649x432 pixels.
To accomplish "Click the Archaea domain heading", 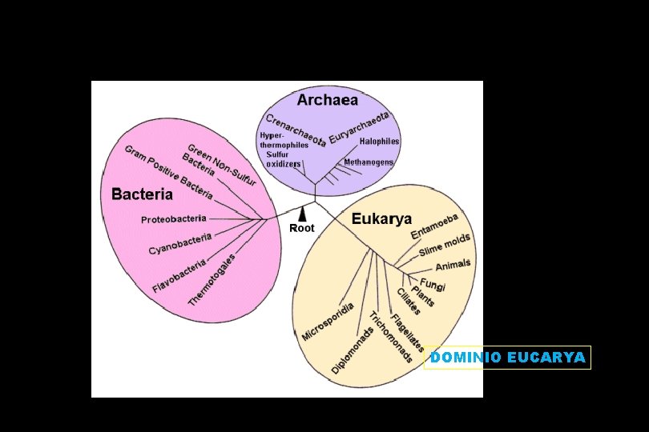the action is point(328,100).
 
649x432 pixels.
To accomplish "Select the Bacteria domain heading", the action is point(142,194).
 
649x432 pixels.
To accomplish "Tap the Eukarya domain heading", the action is point(381,219).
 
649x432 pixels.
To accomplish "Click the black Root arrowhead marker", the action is point(303,215).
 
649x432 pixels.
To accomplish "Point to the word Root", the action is point(302,228).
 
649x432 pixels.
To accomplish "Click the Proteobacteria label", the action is point(173,218).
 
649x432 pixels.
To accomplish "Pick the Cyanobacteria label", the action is point(180,244).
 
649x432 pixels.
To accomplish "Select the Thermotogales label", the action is point(212,280).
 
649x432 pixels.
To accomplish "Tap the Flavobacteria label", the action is point(179,276).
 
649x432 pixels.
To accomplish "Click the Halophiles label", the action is point(380,141).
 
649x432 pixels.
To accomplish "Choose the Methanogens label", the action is point(369,162).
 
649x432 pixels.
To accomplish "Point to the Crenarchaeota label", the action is point(296,130).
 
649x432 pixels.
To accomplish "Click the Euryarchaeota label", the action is point(359,128).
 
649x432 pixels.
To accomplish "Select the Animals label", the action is point(453,265).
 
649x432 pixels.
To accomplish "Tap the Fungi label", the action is point(433,285).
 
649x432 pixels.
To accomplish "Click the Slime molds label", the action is point(445,244).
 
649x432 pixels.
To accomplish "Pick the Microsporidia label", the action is point(328,322).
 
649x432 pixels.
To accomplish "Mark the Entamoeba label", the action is point(434,226).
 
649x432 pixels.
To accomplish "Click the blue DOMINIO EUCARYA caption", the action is point(508,357).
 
